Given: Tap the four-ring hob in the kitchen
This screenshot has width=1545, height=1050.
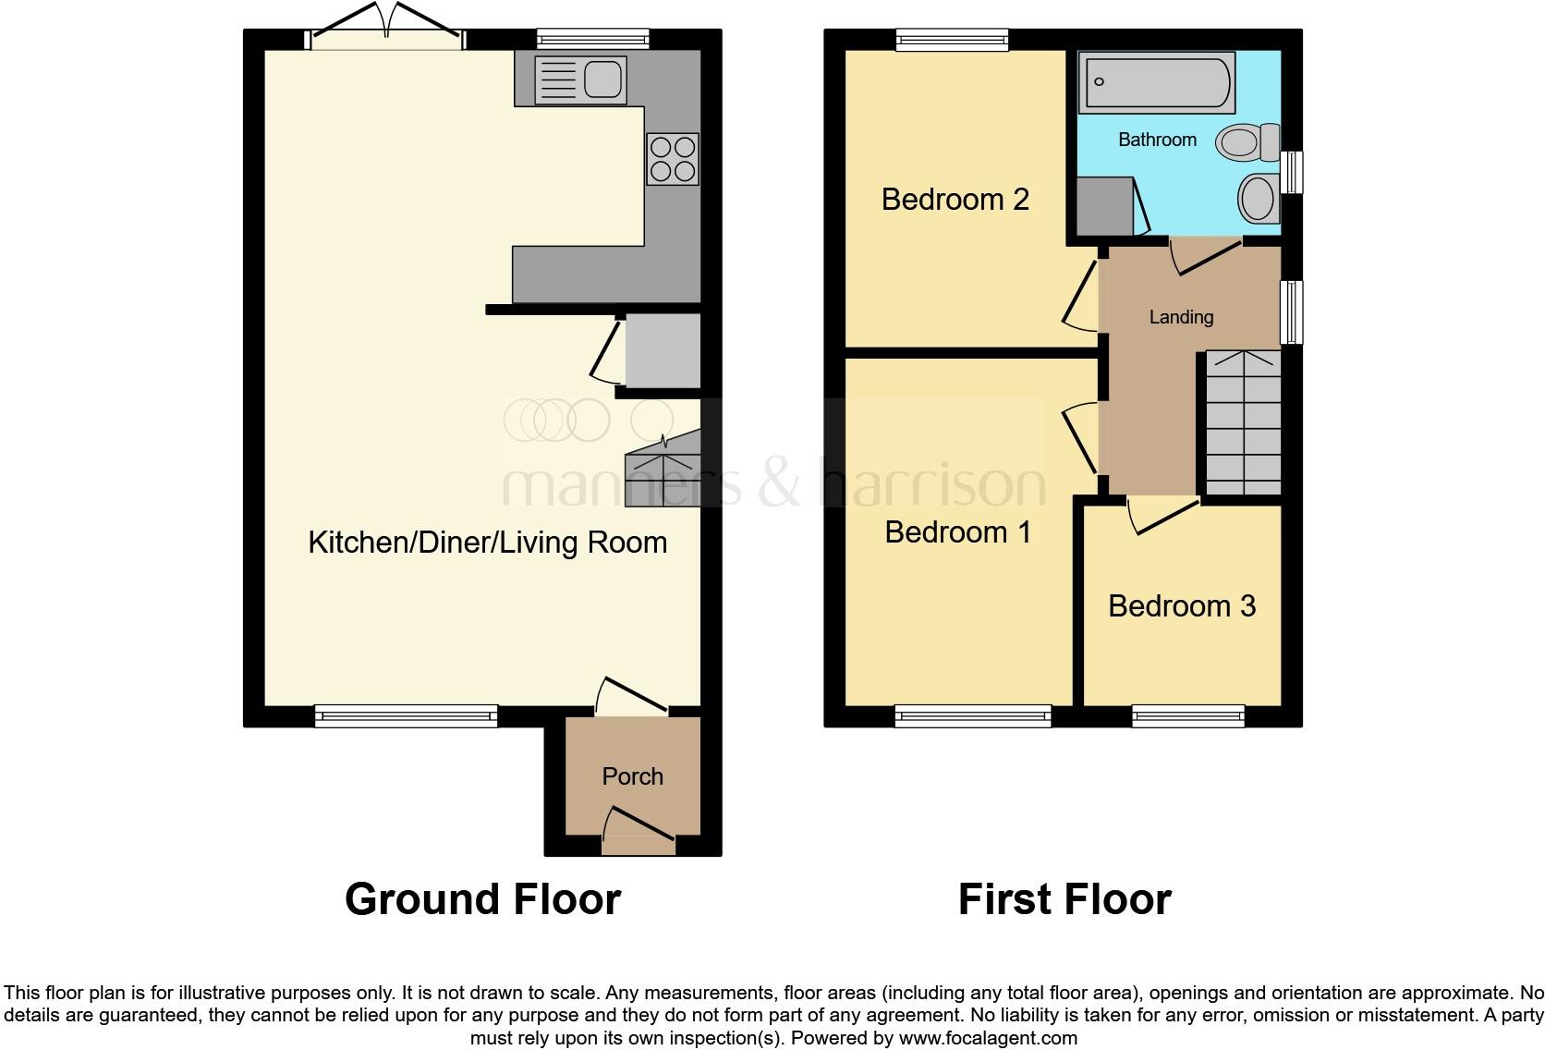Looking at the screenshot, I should coord(673,159).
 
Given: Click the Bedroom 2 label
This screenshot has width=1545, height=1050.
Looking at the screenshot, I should coord(955,200).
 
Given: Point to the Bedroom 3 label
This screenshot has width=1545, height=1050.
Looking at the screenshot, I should coord(1181,606).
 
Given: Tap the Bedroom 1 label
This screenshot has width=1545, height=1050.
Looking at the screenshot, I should coord(957,532).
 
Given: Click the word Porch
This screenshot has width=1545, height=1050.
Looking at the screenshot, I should coord(632,776).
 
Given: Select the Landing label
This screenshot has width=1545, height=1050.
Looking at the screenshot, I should coord(1181,317).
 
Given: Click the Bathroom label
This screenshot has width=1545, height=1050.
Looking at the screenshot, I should coord(1157,140).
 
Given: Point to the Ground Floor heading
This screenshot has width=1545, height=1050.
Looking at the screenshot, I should coord(482,899).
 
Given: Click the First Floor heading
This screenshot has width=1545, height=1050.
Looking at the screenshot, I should coord(1064,899).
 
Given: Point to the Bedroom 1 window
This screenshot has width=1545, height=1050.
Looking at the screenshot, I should coord(972,715).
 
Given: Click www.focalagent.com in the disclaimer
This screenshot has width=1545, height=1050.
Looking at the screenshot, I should coord(988,1038).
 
